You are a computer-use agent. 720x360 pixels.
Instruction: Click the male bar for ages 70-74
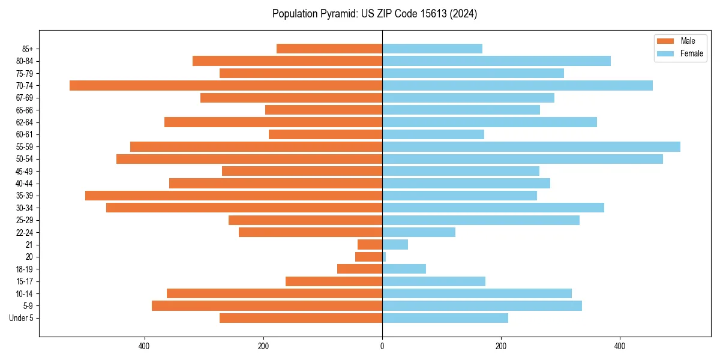click(226, 85)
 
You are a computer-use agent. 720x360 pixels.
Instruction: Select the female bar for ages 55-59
click(531, 146)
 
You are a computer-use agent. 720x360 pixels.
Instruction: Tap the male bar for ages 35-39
click(233, 196)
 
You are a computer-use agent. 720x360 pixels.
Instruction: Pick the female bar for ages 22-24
click(419, 232)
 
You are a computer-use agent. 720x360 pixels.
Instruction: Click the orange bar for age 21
click(370, 244)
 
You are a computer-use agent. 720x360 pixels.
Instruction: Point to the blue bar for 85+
click(432, 49)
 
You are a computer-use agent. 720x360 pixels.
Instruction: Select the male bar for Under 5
click(301, 318)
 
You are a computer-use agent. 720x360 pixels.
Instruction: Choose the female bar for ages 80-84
click(496, 61)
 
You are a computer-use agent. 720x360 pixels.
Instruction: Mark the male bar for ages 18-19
click(359, 269)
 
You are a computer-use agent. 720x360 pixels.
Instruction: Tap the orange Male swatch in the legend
click(665, 41)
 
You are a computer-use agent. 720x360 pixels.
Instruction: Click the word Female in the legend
click(691, 53)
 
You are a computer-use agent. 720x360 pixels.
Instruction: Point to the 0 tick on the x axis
click(382, 346)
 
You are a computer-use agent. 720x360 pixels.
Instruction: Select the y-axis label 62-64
click(25, 122)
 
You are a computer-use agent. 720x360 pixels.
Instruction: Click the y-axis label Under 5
click(22, 318)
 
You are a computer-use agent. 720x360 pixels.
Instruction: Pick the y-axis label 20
click(29, 257)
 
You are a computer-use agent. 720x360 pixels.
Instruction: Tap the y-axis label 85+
click(26, 49)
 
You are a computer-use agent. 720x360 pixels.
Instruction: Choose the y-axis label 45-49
click(25, 171)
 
